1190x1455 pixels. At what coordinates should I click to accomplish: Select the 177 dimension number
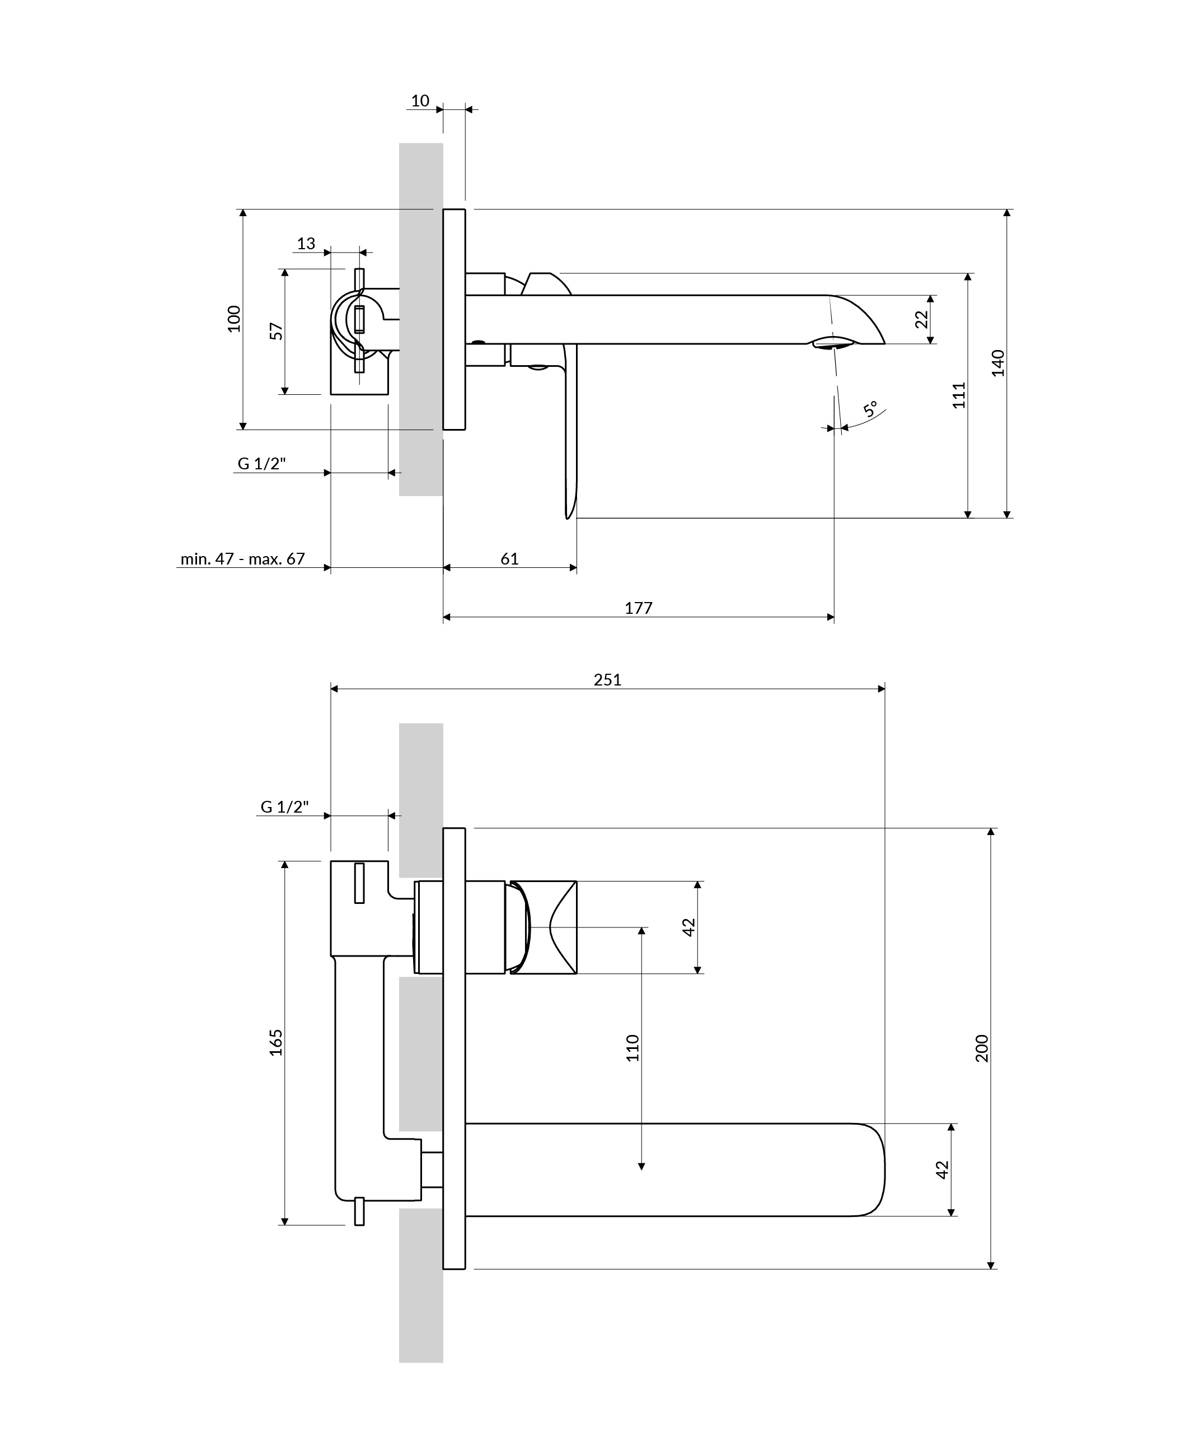coord(638,608)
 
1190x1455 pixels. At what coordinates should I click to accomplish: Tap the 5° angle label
coord(870,410)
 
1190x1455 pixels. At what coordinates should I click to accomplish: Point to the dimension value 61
coord(509,559)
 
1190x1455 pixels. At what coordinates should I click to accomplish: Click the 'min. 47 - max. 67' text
coord(243,559)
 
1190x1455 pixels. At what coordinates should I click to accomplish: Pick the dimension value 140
coord(998,363)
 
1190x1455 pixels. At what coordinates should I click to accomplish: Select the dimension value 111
coord(959,395)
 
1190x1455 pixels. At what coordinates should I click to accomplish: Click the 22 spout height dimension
coord(921,320)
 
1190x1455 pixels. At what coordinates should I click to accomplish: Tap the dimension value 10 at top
coord(420,101)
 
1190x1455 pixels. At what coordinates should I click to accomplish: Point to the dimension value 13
coord(306,244)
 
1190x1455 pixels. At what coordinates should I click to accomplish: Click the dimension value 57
coord(277,331)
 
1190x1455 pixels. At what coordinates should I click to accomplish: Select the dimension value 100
coord(234,319)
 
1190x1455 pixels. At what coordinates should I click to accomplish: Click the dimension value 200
coord(982,1048)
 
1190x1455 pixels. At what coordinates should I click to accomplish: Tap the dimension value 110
coord(632,1048)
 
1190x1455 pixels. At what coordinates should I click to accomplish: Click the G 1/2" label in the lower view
coord(284,807)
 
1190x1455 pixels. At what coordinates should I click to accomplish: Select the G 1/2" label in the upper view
coord(261,464)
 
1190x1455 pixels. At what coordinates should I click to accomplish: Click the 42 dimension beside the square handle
coord(689,927)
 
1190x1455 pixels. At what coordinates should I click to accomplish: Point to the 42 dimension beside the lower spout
coord(942,1170)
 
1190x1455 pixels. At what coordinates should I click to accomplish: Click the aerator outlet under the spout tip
coord(833,342)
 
